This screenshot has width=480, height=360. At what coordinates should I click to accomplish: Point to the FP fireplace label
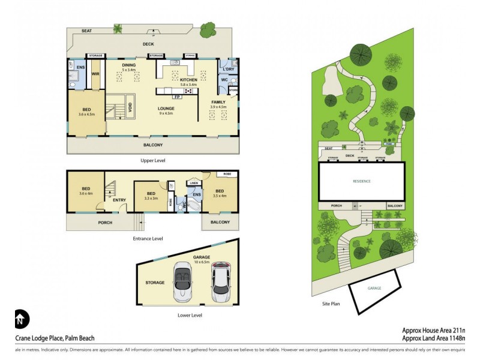[x=177, y=97]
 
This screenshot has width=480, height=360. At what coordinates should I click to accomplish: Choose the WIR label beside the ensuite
[x=95, y=74]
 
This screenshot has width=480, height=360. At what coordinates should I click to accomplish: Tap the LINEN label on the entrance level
[x=193, y=184]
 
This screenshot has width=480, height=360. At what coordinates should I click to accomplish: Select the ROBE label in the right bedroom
[x=228, y=175]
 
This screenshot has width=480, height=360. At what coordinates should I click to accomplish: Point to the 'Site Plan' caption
[x=331, y=304]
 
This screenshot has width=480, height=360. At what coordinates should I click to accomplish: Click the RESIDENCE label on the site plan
[x=361, y=181]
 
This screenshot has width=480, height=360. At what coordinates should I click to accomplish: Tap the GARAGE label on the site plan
[x=374, y=289]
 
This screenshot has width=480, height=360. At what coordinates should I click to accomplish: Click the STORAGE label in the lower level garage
[x=155, y=282]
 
